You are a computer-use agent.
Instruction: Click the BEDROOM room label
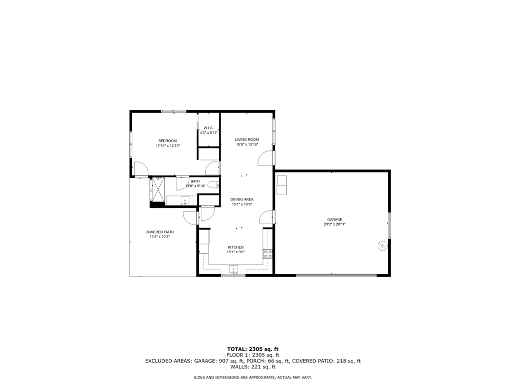[167, 140]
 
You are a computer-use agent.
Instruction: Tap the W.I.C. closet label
[208, 128]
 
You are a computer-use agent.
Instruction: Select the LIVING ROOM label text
[247, 139]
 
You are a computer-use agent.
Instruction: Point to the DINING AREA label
[241, 200]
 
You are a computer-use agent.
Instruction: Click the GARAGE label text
[335, 220]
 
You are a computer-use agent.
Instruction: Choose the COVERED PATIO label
[159, 232]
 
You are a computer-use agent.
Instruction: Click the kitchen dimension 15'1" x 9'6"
[236, 252]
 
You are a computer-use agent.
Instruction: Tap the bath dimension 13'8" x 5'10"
[195, 186]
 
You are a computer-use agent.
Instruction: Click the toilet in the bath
[213, 185]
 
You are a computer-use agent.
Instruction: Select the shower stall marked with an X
[159, 189]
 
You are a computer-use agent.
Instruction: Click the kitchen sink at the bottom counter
[234, 269]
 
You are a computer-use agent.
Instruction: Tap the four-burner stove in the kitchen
[268, 254]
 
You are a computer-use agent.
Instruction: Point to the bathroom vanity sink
[184, 201]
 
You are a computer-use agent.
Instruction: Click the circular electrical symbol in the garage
[382, 246]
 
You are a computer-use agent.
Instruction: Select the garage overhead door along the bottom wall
[336, 275]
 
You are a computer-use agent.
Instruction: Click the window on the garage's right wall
[389, 225]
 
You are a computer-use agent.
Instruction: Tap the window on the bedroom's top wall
[173, 111]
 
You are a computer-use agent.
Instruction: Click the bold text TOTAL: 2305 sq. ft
[252, 349]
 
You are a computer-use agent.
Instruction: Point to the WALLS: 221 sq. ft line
[252, 367]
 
